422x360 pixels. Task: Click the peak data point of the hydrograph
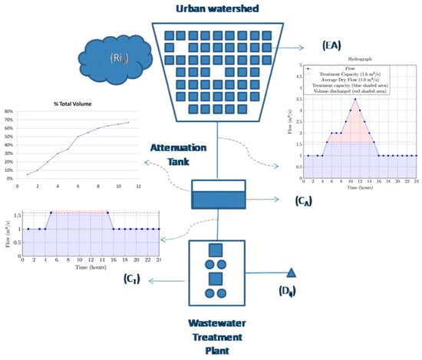pos(354,99)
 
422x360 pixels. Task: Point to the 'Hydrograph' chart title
pos(355,61)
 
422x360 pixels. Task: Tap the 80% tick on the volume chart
pos(11,112)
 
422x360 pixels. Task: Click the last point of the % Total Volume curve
pos(128,122)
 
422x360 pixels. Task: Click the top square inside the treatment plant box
pos(216,250)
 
